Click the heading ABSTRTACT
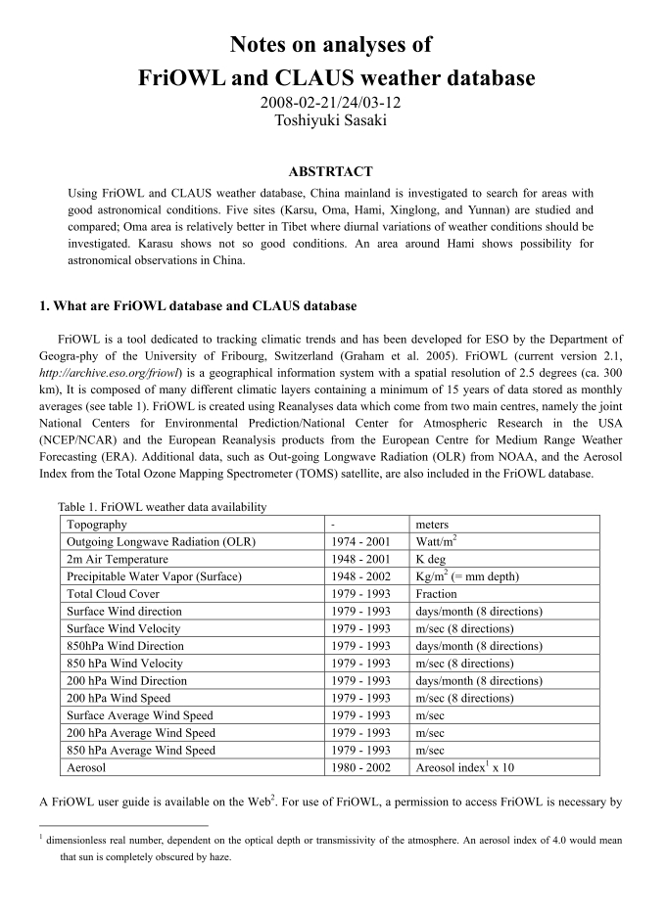point(333,171)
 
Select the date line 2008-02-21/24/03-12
point(333,103)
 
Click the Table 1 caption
point(163,506)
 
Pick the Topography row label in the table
point(96,525)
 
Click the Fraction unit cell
point(437,593)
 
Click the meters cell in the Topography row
point(437,525)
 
